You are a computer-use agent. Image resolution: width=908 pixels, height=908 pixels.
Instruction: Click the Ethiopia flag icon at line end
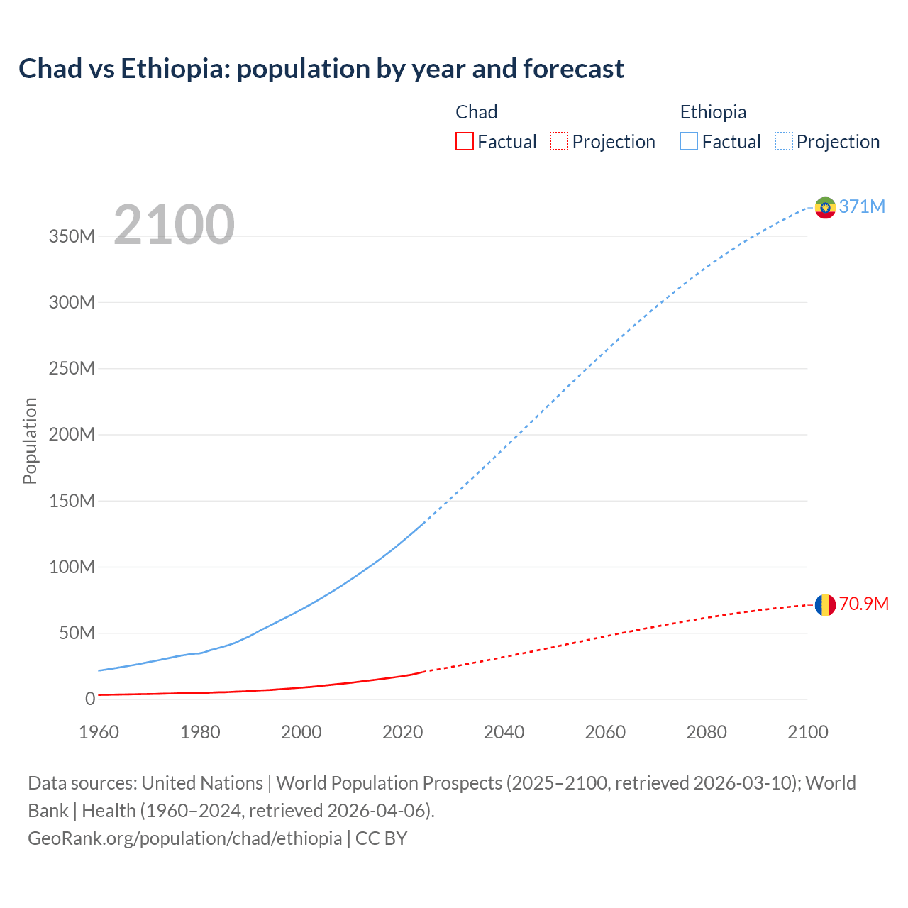click(x=825, y=208)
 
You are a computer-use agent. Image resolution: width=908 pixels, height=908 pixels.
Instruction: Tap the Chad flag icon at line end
click(x=825, y=605)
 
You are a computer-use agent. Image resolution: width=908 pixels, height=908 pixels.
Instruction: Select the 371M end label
click(x=862, y=206)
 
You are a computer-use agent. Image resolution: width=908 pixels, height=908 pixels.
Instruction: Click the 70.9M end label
click(x=863, y=604)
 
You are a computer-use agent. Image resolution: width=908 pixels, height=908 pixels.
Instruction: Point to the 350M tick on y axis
click(x=72, y=236)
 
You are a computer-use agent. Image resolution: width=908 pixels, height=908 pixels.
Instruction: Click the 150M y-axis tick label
click(x=72, y=501)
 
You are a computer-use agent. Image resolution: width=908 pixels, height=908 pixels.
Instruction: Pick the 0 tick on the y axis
click(x=89, y=699)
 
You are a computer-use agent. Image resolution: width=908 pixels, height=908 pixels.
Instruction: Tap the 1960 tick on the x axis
click(x=99, y=732)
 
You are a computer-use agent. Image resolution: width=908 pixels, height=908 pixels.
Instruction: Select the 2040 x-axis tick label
click(x=504, y=732)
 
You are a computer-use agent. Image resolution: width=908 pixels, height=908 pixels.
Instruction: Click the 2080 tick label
click(x=707, y=732)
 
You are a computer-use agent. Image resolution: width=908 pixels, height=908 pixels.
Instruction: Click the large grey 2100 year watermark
click(x=174, y=225)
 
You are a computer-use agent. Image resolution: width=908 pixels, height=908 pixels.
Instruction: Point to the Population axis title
click(x=30, y=441)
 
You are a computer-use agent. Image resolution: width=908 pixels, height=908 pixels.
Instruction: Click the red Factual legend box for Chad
click(x=465, y=141)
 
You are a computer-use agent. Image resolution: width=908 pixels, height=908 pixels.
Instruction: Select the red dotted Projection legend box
click(x=559, y=141)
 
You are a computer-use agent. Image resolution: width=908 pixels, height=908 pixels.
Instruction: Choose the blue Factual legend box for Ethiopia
click(x=689, y=141)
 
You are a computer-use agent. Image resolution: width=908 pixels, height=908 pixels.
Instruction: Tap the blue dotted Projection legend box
click(x=784, y=141)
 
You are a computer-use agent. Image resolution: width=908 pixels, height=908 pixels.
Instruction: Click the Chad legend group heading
click(x=476, y=112)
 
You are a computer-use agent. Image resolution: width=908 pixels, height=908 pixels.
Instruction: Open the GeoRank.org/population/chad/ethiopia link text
click(x=184, y=838)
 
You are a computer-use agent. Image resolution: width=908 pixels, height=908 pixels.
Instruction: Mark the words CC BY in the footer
click(x=381, y=838)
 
